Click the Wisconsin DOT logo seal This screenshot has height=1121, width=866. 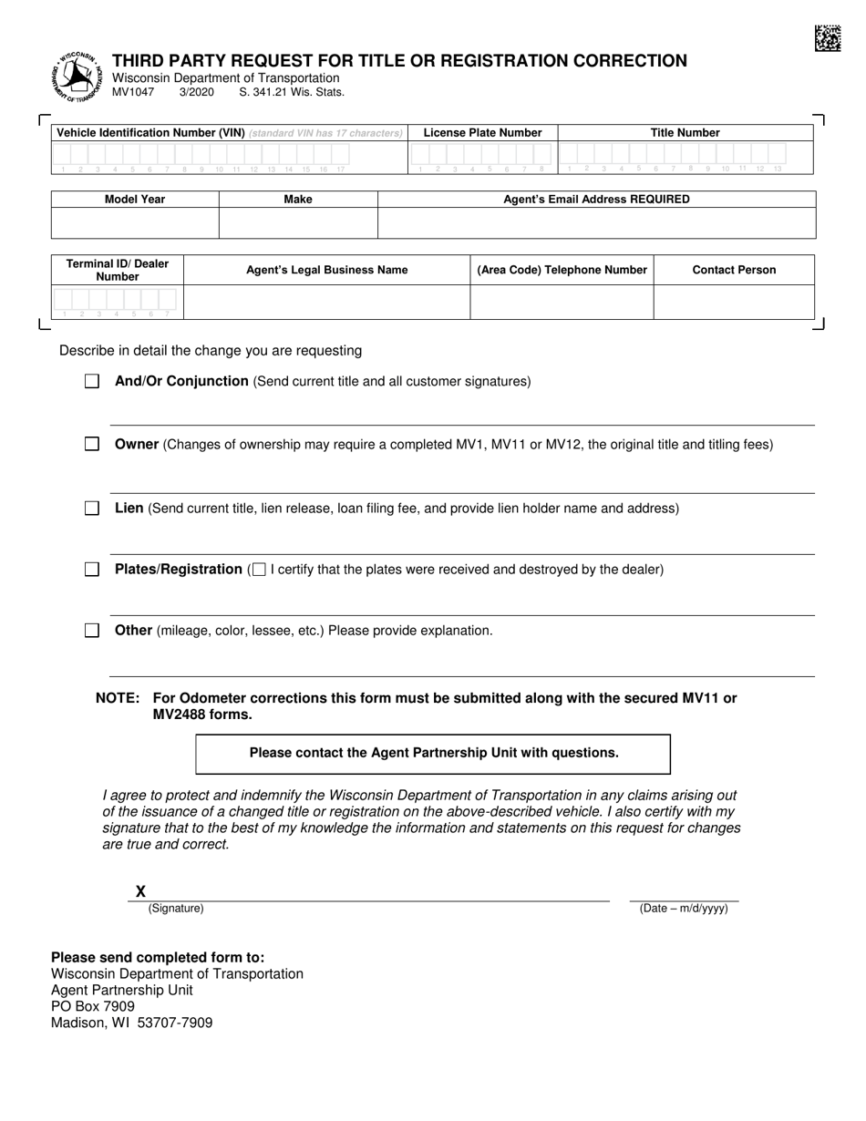tap(77, 77)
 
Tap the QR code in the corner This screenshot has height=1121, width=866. tap(827, 38)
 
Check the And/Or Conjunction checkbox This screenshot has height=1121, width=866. tap(92, 382)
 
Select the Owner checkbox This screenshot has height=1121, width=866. tap(92, 445)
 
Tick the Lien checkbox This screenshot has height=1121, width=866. tap(92, 509)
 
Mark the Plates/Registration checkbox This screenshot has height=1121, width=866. tap(92, 570)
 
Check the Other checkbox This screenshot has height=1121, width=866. tap(92, 631)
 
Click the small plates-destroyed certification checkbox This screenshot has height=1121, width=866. tap(259, 571)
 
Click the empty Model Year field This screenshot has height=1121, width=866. tap(135, 223)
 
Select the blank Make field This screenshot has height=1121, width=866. tap(298, 223)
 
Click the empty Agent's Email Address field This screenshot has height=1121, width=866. tap(596, 223)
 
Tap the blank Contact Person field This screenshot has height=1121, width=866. tap(734, 302)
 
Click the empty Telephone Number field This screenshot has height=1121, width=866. tap(562, 302)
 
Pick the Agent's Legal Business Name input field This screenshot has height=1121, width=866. tap(326, 302)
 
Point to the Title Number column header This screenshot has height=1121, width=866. tap(685, 133)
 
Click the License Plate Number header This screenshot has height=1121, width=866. tap(482, 133)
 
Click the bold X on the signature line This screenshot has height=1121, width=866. tap(140, 891)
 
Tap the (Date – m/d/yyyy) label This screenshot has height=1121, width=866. tap(684, 909)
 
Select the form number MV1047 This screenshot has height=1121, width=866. tap(133, 92)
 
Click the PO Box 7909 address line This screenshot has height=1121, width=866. tap(93, 1006)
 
